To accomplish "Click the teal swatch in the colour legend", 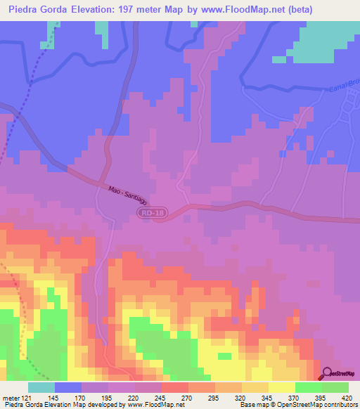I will click(x=41, y=387).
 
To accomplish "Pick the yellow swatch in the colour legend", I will click(x=282, y=387).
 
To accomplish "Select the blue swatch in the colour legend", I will click(x=68, y=387).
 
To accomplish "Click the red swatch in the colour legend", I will click(x=175, y=387).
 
